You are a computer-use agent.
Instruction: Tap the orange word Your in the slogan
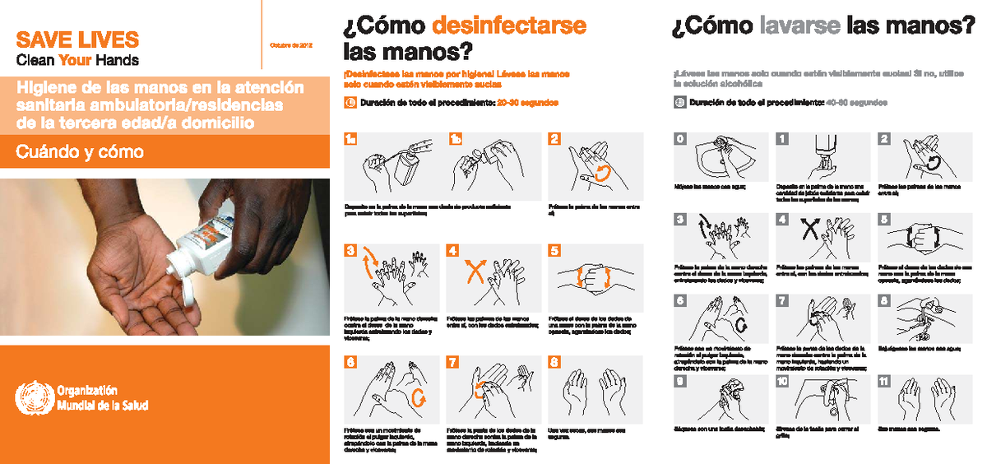(x=80, y=60)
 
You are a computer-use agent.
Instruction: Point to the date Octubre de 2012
(x=290, y=44)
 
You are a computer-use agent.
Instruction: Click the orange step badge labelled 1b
(x=455, y=139)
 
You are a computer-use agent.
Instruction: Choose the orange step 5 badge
(x=555, y=250)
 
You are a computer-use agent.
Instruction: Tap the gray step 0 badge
(x=680, y=139)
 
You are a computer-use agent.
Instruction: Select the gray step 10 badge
(x=782, y=381)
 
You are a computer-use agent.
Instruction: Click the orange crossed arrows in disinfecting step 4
(x=475, y=271)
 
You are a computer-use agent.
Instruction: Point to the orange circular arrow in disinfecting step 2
(x=601, y=172)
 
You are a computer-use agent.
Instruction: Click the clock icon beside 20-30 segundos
(x=349, y=104)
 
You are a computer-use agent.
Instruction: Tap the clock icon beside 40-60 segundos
(x=679, y=104)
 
